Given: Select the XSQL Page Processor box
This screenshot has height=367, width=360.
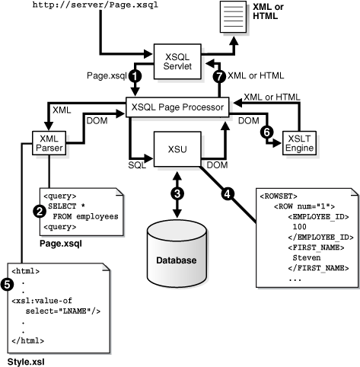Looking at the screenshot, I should click(180, 108).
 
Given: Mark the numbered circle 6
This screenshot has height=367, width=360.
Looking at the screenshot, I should click(266, 132).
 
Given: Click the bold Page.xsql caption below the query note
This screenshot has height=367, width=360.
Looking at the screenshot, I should click(61, 244).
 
